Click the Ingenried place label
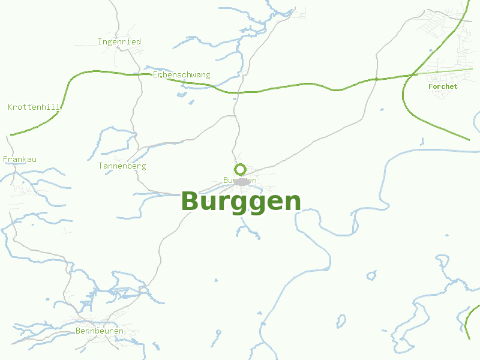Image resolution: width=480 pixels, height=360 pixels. pos(119,42)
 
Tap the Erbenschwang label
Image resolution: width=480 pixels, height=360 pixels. pos(181,75)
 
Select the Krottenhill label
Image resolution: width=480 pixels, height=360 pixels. pos(34,107)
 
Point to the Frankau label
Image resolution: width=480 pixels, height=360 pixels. pos(20,160)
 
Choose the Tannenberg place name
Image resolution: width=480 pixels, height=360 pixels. pos(122,166)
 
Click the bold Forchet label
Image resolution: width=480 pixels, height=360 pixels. pos(443,86)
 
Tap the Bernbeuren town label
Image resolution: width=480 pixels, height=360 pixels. pos(100,331)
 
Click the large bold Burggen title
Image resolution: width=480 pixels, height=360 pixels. pos(241,202)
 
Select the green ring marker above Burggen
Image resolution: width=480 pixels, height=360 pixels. pos(240,169)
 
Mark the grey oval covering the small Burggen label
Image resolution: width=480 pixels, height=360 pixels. pos(241,181)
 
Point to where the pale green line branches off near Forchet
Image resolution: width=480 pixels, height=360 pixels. pos(414,74)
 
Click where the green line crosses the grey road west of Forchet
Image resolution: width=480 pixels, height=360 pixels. pos(376,79)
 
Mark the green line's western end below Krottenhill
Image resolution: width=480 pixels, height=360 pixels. pos(11,135)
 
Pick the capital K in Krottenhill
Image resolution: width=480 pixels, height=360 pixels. pos(10,107)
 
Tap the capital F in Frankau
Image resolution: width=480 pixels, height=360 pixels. pos(5,160)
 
